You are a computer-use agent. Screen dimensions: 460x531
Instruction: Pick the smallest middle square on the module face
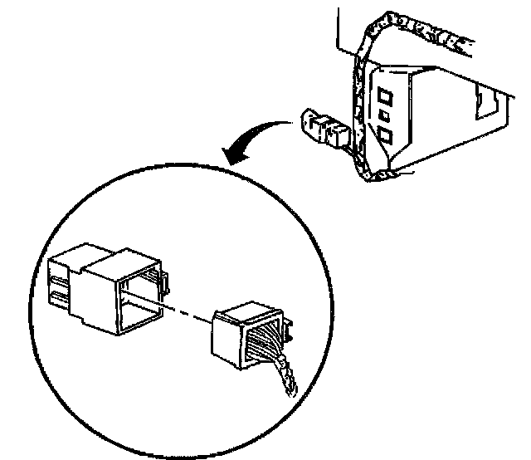pos(384,112)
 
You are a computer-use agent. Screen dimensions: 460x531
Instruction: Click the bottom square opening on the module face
pos(386,135)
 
